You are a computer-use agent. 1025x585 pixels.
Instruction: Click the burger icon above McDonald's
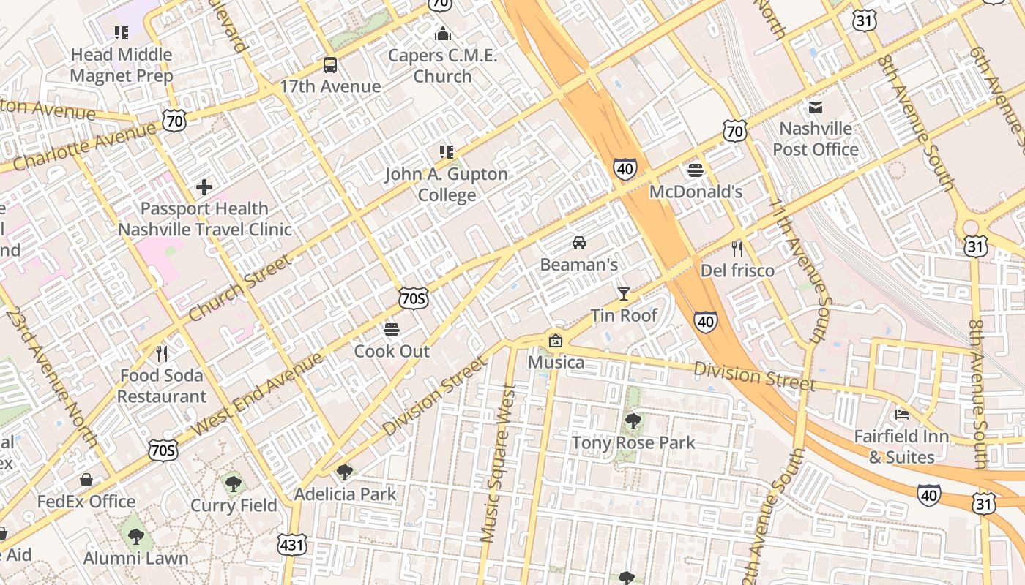pyautogui.click(x=696, y=170)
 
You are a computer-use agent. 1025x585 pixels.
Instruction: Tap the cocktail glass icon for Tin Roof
pyautogui.click(x=623, y=294)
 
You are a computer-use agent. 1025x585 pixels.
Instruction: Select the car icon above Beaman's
pyautogui.click(x=578, y=243)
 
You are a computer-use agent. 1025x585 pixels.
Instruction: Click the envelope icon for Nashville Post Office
pyautogui.click(x=815, y=107)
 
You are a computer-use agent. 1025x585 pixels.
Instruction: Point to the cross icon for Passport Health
pyautogui.click(x=204, y=187)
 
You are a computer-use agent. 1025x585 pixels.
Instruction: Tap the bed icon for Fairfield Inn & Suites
pyautogui.click(x=901, y=415)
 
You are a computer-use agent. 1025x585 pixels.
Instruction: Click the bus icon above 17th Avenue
pyautogui.click(x=330, y=65)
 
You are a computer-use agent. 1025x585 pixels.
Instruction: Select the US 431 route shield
pyautogui.click(x=291, y=545)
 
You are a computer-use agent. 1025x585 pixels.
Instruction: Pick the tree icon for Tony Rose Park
pyautogui.click(x=633, y=421)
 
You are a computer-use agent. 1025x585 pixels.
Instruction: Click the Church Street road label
pyautogui.click(x=239, y=287)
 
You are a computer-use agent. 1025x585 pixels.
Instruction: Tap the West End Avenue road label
pyautogui.click(x=257, y=393)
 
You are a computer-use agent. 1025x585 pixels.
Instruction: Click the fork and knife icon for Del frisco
pyautogui.click(x=737, y=249)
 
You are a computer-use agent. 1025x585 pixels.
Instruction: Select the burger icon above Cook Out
pyautogui.click(x=392, y=330)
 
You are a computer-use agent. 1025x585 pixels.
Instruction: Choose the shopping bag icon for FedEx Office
pyautogui.click(x=86, y=480)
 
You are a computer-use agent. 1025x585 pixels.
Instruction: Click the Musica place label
pyautogui.click(x=556, y=362)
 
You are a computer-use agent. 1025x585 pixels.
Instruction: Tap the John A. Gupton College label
pyautogui.click(x=446, y=184)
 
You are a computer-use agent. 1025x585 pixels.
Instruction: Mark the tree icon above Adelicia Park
pyautogui.click(x=344, y=472)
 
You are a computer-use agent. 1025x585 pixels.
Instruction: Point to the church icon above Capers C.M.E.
pyautogui.click(x=442, y=34)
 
